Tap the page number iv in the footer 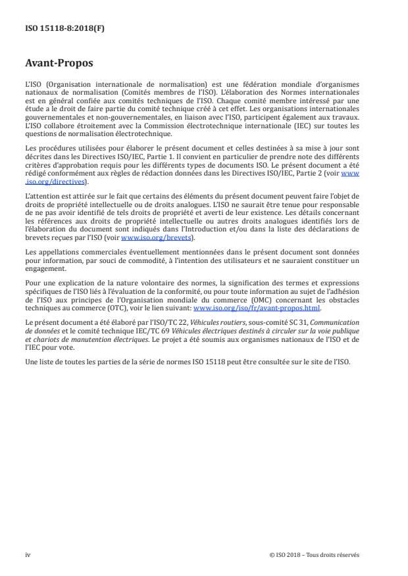coord(28,554)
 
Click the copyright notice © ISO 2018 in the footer coord(315,554)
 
